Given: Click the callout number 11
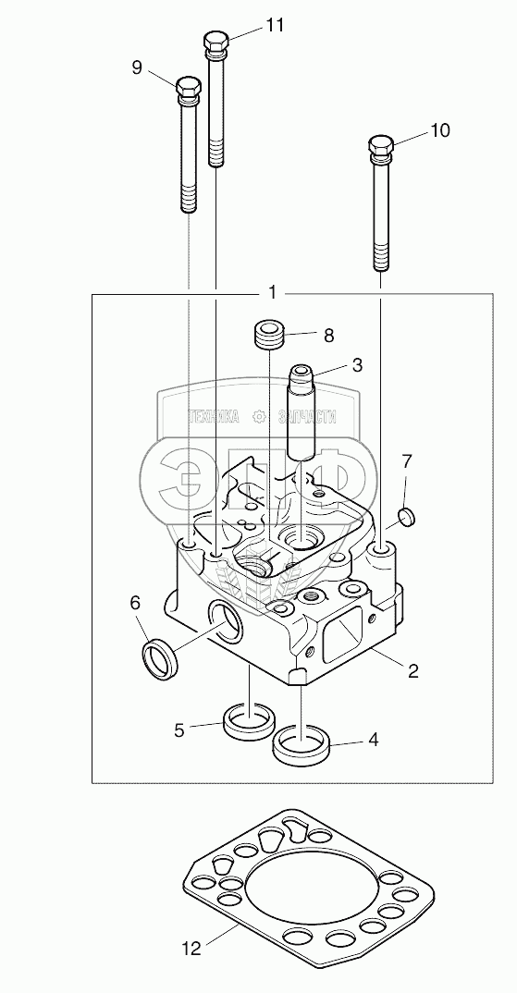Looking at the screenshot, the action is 275,25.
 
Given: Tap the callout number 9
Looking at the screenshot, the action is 137,67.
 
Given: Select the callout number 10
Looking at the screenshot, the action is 439,130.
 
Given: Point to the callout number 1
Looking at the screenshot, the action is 272,292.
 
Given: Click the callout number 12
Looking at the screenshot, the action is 191,948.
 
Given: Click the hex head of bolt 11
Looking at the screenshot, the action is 217,43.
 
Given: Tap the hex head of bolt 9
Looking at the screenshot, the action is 188,90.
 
